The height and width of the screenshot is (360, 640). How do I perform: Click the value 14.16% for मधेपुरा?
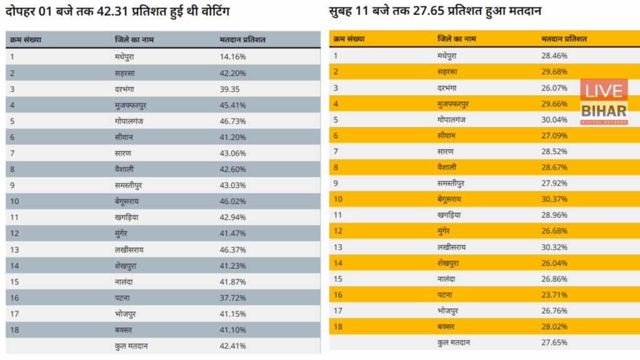pyautogui.click(x=232, y=56)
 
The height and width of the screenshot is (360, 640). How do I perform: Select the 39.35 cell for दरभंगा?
pyautogui.click(x=230, y=89)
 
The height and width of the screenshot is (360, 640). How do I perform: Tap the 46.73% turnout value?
pyautogui.click(x=232, y=121)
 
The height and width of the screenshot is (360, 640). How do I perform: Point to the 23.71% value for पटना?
pyautogui.click(x=554, y=295)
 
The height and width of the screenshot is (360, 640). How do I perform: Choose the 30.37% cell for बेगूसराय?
pyautogui.click(x=554, y=199)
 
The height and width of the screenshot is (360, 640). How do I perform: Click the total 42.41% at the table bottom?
pyautogui.click(x=232, y=346)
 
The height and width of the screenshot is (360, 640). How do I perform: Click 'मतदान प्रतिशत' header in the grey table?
pyautogui.click(x=242, y=40)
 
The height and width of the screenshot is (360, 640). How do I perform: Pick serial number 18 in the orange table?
pyautogui.click(x=338, y=327)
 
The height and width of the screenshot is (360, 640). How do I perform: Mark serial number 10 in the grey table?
pyautogui.click(x=14, y=201)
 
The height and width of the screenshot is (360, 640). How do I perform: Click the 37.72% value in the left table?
pyautogui.click(x=232, y=297)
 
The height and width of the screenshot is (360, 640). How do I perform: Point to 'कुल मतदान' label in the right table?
pyautogui.click(x=454, y=342)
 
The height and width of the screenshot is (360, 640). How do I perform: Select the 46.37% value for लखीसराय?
pyautogui.click(x=232, y=249)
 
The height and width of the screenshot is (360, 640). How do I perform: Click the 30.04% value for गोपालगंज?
pyautogui.click(x=554, y=119)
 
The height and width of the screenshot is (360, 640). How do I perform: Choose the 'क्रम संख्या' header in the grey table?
pyautogui.click(x=26, y=40)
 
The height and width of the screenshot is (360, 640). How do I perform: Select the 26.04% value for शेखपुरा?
pyautogui.click(x=554, y=263)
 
